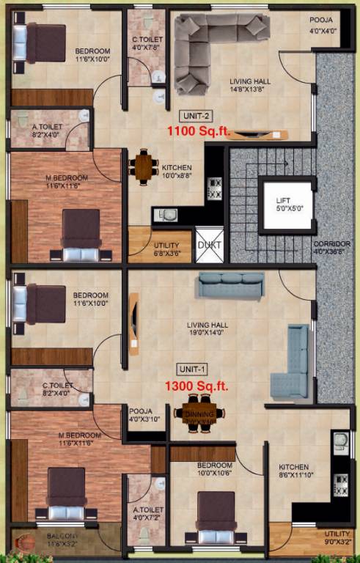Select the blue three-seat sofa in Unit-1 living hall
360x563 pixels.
pyautogui.click(x=233, y=285)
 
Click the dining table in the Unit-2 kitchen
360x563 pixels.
pyautogui.click(x=144, y=166)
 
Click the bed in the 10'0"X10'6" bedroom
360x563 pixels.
pyautogui.click(x=216, y=518)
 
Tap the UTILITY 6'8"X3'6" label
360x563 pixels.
pyautogui.click(x=166, y=249)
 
